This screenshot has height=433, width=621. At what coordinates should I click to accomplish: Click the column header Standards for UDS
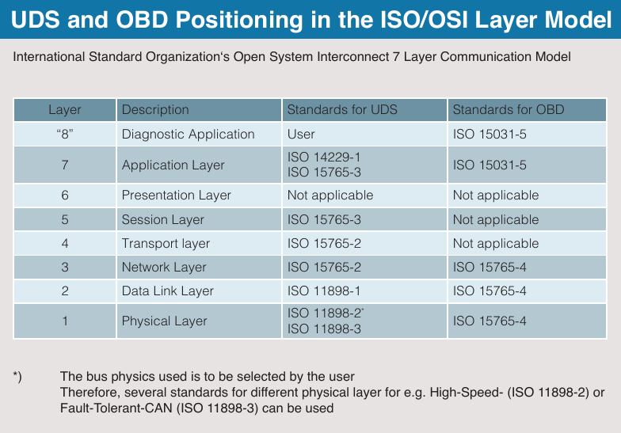click(342, 109)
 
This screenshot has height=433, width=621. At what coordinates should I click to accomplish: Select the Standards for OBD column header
click(508, 109)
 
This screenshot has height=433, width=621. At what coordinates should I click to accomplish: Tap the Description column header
click(155, 109)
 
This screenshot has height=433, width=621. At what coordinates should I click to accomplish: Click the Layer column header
click(65, 109)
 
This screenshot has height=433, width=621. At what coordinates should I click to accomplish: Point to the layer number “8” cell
click(65, 134)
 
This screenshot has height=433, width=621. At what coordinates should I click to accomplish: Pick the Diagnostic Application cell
click(189, 134)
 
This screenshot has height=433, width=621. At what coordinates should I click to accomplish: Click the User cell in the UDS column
click(301, 134)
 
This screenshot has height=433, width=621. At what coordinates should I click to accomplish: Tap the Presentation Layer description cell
click(177, 195)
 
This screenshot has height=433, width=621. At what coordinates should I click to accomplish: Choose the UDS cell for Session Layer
click(324, 219)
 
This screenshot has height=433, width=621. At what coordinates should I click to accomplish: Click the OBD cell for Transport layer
click(495, 243)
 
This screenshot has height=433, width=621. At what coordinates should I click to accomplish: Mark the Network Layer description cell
click(164, 267)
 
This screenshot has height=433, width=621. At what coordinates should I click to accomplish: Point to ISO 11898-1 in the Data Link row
click(324, 291)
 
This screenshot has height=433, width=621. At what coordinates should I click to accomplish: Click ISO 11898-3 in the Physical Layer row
click(324, 329)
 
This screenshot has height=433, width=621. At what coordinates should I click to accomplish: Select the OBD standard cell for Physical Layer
click(490, 321)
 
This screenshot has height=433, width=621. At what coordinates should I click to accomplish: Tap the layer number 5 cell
click(65, 219)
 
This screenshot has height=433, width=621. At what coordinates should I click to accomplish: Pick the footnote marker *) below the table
click(17, 376)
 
